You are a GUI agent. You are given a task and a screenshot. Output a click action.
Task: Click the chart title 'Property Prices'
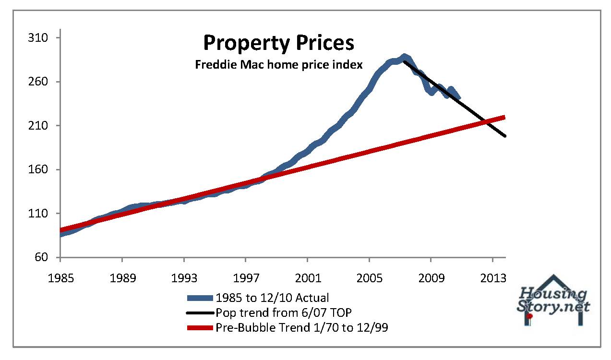point(278,43)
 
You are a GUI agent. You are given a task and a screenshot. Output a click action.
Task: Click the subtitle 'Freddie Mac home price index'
point(278,64)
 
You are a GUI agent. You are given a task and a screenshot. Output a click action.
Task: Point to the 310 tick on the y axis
point(38,38)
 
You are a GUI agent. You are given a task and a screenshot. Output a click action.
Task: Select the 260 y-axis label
point(38,82)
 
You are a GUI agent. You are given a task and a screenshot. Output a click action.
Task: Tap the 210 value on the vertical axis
point(38,126)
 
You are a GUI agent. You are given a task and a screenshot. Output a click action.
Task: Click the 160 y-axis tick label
point(38,170)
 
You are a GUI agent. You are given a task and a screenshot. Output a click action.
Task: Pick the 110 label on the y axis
point(38,214)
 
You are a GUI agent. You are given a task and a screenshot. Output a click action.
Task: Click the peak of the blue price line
point(404,57)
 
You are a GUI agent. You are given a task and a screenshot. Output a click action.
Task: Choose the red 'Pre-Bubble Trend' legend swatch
point(199,328)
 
